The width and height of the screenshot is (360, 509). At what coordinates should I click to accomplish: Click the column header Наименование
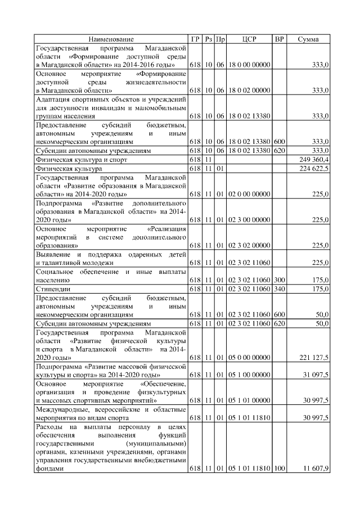(111, 39)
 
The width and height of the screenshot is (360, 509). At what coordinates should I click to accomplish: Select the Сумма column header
(308, 39)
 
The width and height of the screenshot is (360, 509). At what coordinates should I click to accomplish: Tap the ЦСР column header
(249, 39)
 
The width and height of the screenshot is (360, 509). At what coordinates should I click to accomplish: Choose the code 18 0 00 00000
(249, 66)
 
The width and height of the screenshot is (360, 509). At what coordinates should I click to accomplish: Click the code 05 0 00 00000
(249, 358)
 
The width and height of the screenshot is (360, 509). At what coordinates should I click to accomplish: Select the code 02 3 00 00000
(249, 220)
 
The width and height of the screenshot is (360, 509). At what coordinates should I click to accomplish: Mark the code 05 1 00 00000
(249, 374)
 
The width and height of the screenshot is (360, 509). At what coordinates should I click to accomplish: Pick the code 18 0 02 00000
(249, 90)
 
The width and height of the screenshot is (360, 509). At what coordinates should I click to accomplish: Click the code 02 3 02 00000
(249, 245)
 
